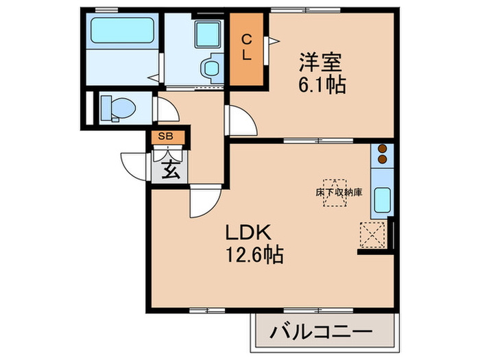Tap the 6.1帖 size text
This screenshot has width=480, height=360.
pyautogui.click(x=321, y=86)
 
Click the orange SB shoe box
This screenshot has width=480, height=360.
pyautogui.click(x=167, y=136)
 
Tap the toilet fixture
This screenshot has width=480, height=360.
pyautogui.click(x=115, y=107)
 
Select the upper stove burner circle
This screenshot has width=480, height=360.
pyautogui.click(x=382, y=149)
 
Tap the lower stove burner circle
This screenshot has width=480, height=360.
pyautogui.click(x=382, y=161)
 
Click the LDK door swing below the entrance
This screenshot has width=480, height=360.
pyautogui.click(x=204, y=202)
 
